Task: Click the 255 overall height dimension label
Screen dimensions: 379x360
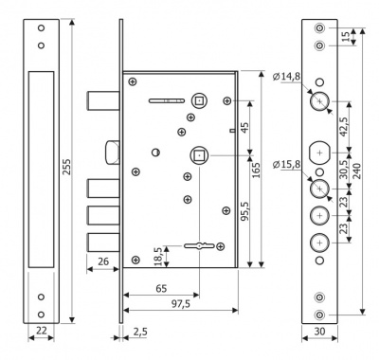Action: point(67,167)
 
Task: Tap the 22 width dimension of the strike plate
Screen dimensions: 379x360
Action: point(42,331)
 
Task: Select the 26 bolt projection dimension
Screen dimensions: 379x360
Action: point(103,261)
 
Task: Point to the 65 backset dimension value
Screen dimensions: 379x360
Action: point(161,288)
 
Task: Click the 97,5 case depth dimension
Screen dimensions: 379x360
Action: point(181,304)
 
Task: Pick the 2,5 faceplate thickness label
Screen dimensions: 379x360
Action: point(140,332)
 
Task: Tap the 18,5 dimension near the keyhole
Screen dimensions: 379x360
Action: point(159,256)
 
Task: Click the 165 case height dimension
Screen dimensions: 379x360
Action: point(256,170)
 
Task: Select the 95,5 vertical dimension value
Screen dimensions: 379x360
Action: point(245,210)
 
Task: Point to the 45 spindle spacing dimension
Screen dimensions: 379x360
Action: point(245,127)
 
